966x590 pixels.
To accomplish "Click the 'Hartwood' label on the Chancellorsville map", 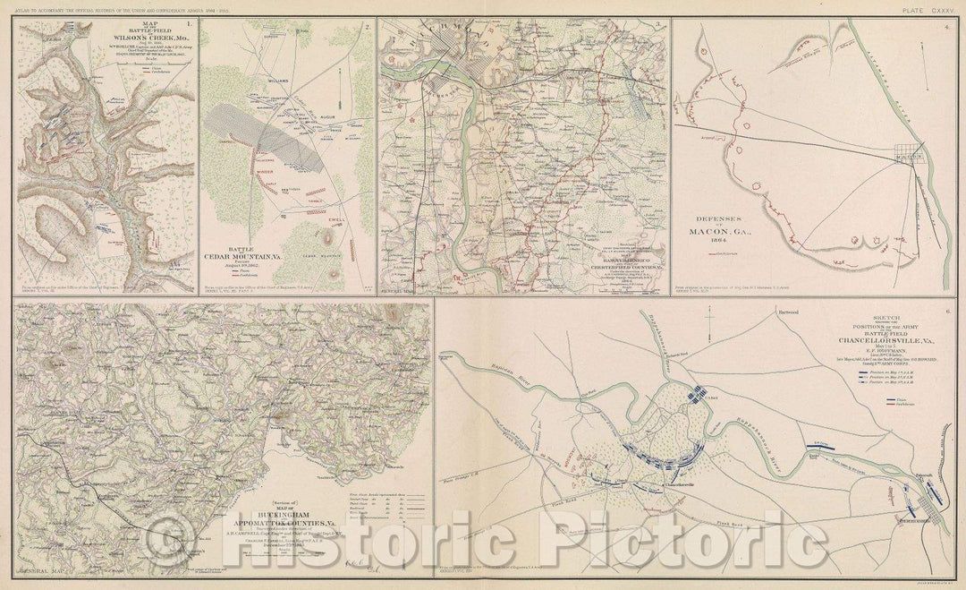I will point(787,311).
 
